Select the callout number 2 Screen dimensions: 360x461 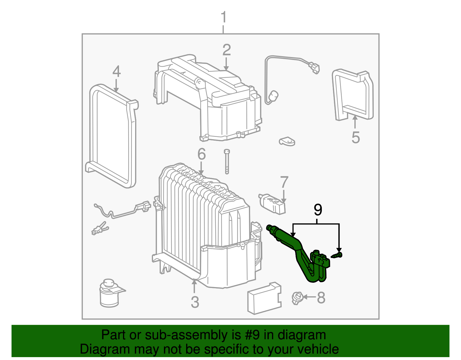click(x=226, y=50)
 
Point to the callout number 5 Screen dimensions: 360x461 click(x=356, y=137)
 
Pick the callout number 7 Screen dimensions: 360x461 click(x=284, y=182)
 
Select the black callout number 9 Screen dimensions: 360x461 click(x=318, y=210)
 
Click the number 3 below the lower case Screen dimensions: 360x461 click(x=195, y=302)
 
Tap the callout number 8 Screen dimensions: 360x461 click(x=321, y=297)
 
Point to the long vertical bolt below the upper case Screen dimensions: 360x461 click(x=227, y=161)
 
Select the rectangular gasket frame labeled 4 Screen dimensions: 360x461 click(x=112, y=135)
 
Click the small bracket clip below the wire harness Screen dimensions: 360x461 click(x=287, y=141)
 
